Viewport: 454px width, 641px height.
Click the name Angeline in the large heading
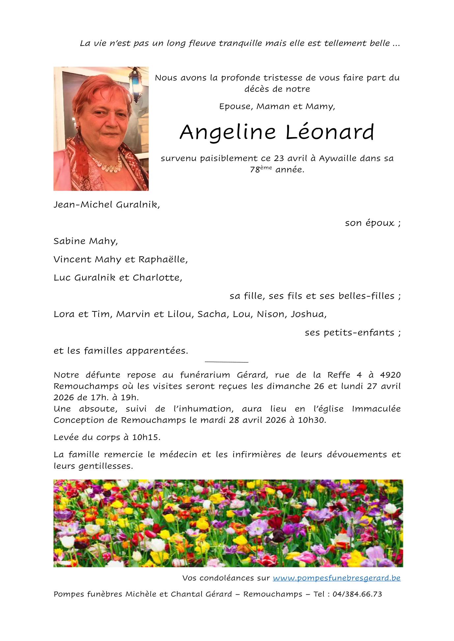[228, 133]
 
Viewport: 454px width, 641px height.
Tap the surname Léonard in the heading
[329, 132]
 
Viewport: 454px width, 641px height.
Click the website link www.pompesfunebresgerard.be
[336, 578]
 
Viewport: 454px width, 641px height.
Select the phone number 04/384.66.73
[357, 594]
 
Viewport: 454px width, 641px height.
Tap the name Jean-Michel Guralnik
[106, 205]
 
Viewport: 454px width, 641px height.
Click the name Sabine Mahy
[85, 241]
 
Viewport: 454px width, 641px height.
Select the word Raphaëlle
[162, 259]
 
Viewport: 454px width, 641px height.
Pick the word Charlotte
[157, 278]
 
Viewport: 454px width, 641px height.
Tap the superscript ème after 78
[266, 167]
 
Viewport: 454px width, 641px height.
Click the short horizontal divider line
[226, 362]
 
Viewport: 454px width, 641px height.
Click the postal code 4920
[390, 375]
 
